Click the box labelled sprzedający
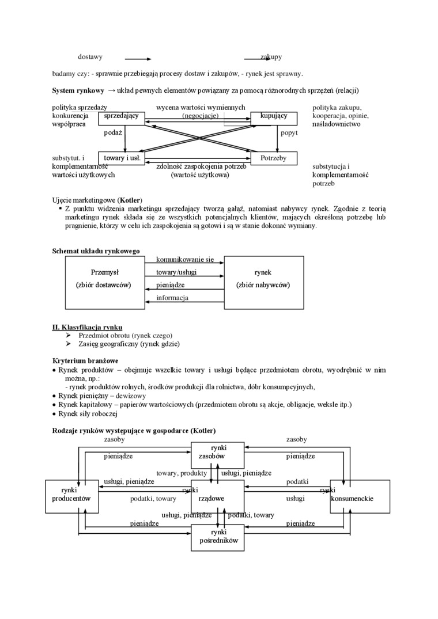tap(122, 117)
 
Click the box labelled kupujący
tap(274, 117)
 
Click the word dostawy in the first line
tap(90, 57)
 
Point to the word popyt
tap(289, 132)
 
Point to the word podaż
tap(113, 132)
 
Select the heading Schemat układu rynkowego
tap(96, 251)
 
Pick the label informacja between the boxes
tap(172, 298)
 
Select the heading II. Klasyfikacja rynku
tap(87, 326)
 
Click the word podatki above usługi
tap(297, 481)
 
